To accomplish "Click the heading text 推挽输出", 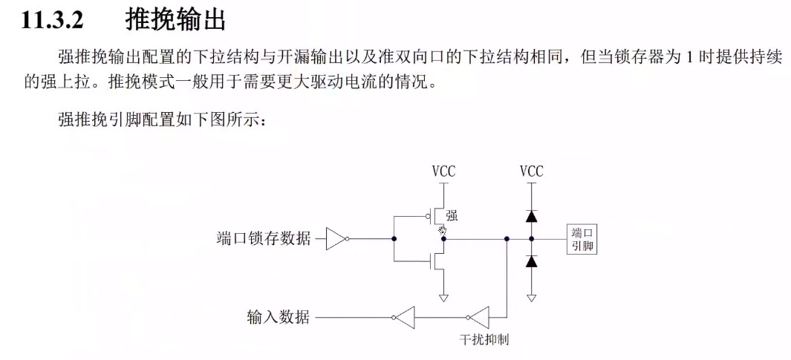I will click(175, 19).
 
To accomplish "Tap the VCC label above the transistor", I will click(443, 171).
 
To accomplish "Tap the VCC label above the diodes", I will click(531, 171).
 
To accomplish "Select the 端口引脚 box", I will click(582, 239).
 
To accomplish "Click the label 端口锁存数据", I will click(264, 239).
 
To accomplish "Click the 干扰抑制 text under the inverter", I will click(484, 339).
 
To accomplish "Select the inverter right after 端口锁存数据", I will click(336, 239).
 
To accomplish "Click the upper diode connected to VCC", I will click(531, 217).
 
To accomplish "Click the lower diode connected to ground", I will click(531, 261).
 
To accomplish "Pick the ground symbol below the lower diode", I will click(531, 298).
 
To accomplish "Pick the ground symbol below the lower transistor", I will click(443, 298).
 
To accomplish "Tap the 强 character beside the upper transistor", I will click(452, 216).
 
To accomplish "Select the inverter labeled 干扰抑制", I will click(480, 318).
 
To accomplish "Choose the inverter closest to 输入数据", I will click(406, 318).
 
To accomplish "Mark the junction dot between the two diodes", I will click(531, 239).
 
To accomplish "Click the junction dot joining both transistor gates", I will click(394, 239).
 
